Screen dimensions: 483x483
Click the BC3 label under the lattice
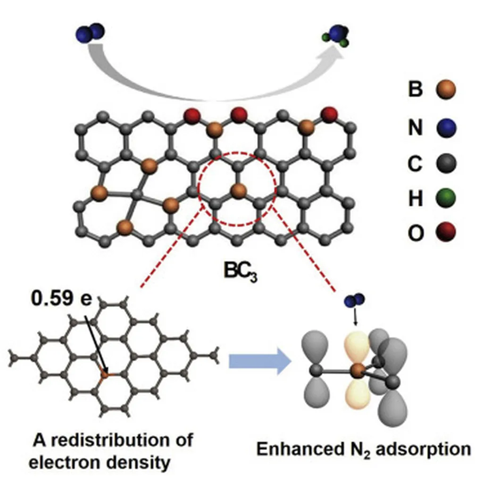click(240, 270)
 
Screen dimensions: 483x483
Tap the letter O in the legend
click(415, 232)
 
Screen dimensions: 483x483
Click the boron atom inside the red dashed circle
click(238, 192)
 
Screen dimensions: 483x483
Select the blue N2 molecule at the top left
click(90, 33)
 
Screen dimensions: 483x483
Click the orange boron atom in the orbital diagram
click(358, 369)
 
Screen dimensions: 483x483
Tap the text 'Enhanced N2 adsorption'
click(363, 449)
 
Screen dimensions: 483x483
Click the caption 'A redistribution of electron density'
click(112, 450)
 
